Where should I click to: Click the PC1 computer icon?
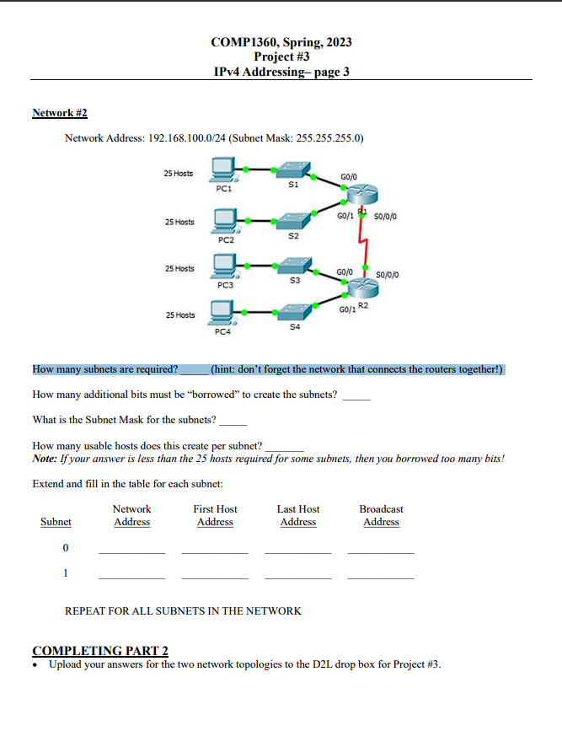pos(224,174)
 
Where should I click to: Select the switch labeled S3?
pos(293,266)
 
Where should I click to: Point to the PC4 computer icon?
pos(224,317)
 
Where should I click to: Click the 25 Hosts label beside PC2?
pos(179,223)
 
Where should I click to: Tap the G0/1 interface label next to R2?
pos(345,311)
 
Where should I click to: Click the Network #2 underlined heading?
pos(59,113)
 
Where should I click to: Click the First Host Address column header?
pos(215,515)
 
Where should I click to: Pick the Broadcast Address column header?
pos(381,515)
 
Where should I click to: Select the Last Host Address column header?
pos(298,515)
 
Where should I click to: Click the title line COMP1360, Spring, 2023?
pos(281,42)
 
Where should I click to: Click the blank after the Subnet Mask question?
pos(233,421)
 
